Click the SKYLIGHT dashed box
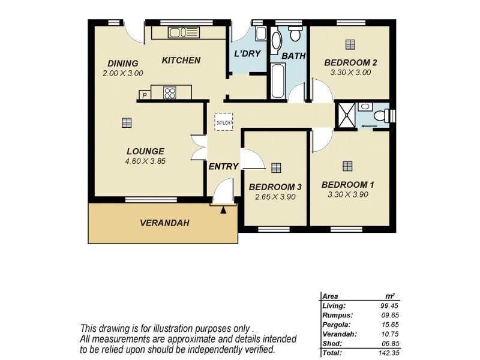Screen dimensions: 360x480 tap(223, 122)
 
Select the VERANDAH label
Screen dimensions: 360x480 tap(164, 223)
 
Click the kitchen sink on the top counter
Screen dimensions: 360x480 tap(179, 32)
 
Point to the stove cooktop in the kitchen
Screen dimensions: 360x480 tap(170, 93)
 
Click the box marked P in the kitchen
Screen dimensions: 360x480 tap(145, 95)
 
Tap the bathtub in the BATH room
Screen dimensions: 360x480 tap(277, 81)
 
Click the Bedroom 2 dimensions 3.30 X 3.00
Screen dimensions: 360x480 tap(350, 72)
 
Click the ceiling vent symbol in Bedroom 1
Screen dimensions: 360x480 tap(347, 166)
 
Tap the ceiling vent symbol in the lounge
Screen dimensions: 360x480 tap(126, 122)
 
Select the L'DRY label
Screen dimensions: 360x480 tap(247, 53)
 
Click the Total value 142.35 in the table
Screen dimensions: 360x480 tap(387, 353)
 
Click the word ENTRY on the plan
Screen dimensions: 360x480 tap(223, 166)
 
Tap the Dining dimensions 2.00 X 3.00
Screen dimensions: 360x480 tap(122, 73)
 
